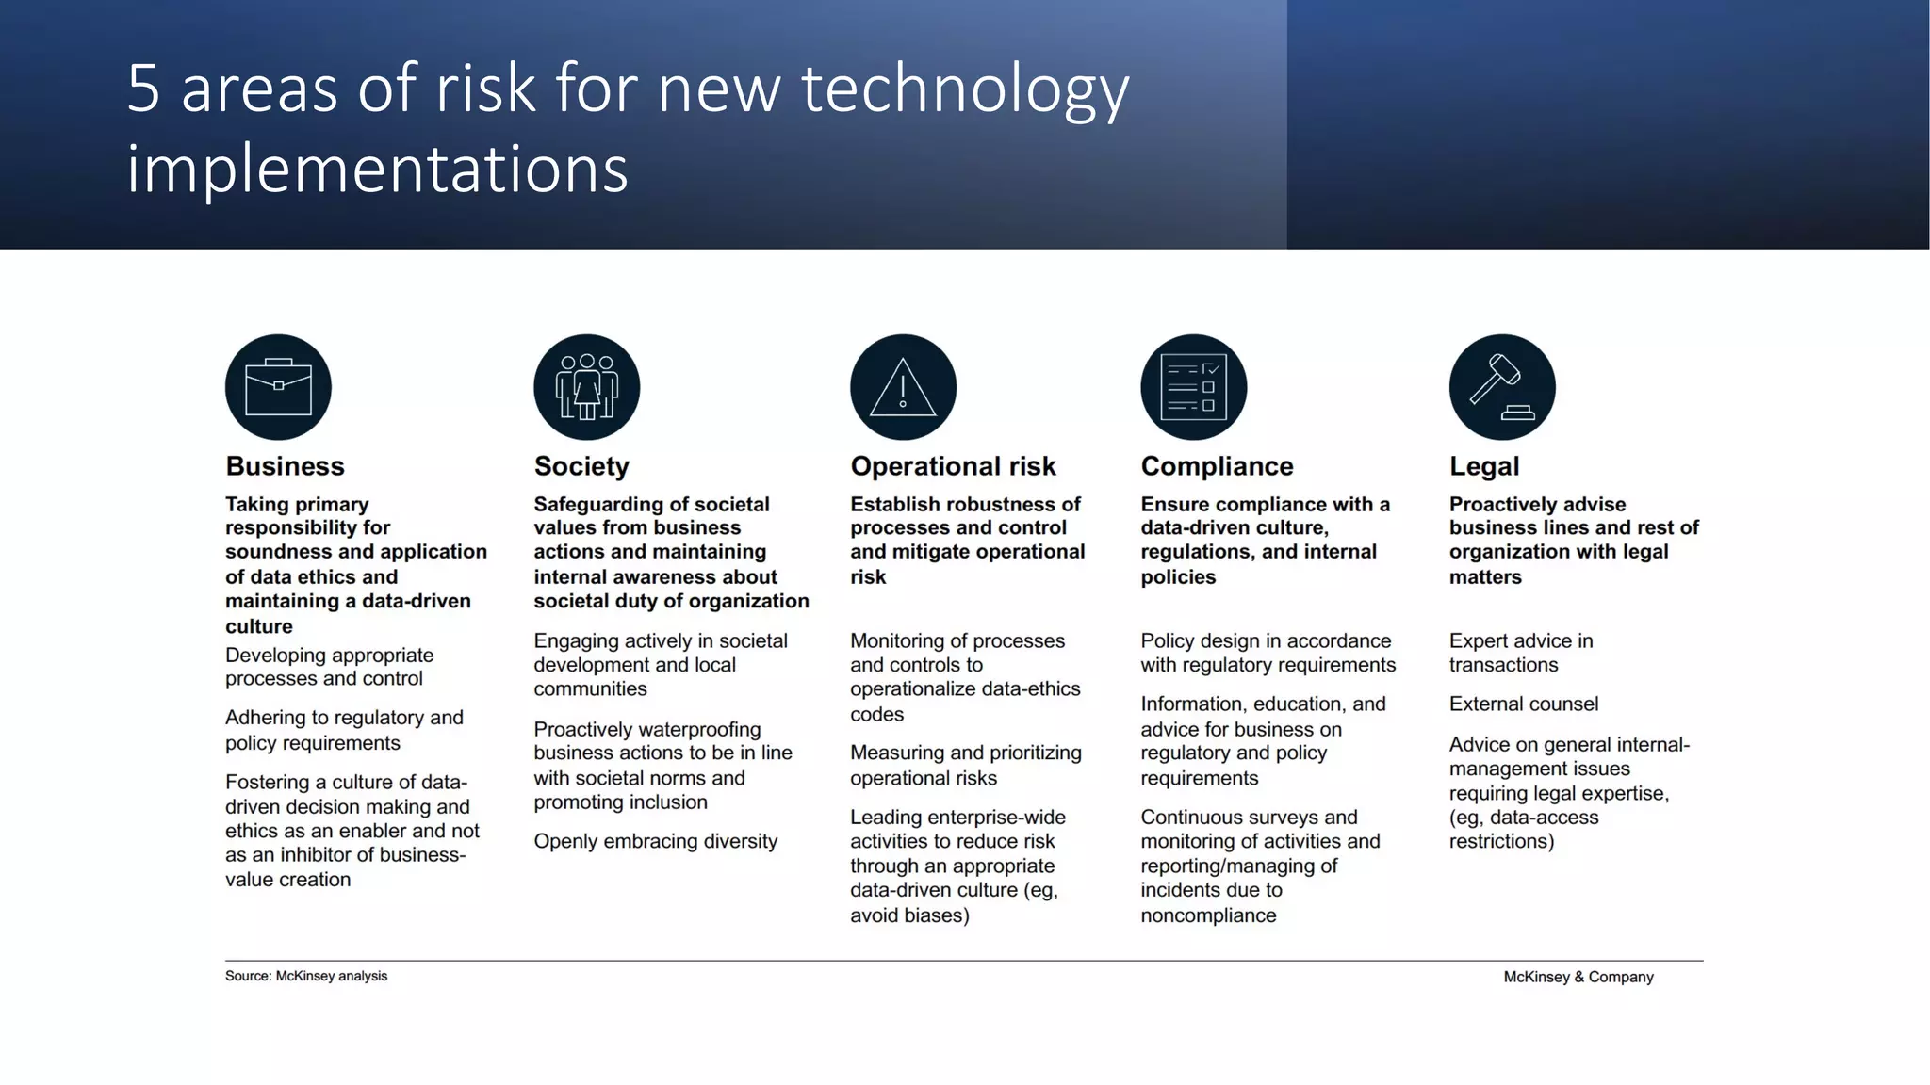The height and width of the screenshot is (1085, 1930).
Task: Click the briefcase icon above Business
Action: [x=278, y=387]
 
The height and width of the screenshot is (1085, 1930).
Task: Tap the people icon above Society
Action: [x=586, y=387]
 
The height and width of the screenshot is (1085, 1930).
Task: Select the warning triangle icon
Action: [x=903, y=387]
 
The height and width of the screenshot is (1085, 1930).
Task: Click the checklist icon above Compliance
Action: [x=1193, y=387]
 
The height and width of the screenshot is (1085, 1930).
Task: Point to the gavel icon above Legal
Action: [x=1502, y=387]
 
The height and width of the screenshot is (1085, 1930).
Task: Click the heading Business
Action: [x=285, y=466]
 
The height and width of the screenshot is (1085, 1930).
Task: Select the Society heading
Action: [x=581, y=466]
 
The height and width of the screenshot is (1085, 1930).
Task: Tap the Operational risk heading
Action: [x=953, y=466]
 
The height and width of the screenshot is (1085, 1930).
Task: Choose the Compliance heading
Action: [x=1217, y=466]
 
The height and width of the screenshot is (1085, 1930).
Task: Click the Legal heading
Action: [x=1484, y=466]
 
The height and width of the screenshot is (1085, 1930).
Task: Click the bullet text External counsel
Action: [x=1524, y=704]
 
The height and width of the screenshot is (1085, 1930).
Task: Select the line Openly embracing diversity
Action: [x=656, y=841]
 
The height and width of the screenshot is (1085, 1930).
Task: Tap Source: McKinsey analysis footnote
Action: [x=306, y=976]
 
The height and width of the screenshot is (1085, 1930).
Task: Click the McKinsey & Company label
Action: [x=1578, y=977]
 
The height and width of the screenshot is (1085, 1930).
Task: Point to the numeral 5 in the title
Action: [x=143, y=89]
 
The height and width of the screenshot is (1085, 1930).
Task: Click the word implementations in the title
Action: [x=377, y=170]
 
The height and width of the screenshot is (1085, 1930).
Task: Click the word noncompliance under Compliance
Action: [x=1208, y=915]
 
